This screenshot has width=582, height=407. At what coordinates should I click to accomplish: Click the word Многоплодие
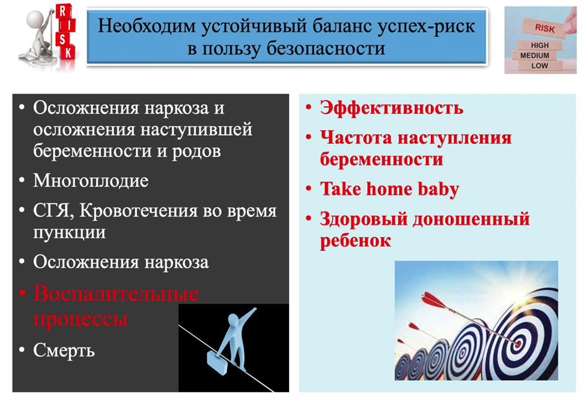[90, 181]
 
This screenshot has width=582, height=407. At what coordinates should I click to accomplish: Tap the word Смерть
[64, 351]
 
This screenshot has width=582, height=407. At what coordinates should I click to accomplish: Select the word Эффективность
[391, 108]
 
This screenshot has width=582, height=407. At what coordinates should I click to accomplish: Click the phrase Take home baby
[389, 189]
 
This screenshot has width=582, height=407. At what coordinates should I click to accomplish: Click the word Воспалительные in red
[116, 294]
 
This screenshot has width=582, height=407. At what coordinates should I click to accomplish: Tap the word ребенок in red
[355, 241]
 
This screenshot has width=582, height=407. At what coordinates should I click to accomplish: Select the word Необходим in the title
[147, 26]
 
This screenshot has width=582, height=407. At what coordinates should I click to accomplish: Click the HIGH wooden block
[540, 45]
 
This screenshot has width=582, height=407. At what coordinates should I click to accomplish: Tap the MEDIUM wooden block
[535, 55]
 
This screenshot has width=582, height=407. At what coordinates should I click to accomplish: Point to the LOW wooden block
[539, 66]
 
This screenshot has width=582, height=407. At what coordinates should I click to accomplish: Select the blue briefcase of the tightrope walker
[217, 363]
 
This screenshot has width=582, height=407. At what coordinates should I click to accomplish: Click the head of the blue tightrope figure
[233, 320]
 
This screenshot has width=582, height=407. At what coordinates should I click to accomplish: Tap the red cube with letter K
[68, 53]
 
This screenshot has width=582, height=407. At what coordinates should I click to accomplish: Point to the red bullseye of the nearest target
[518, 344]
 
